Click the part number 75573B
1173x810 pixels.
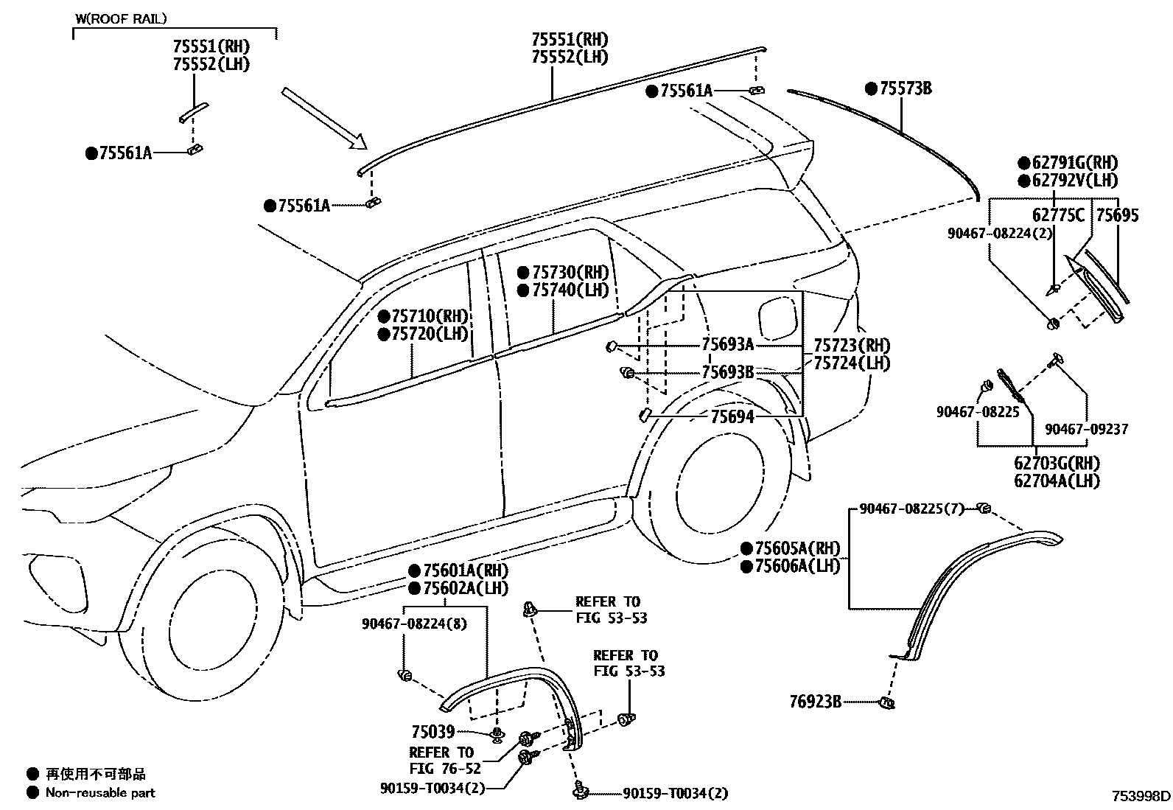906,89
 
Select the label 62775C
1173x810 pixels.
1058,215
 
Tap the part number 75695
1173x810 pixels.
1117,215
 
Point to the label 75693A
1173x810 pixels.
727,345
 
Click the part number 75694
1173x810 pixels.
732,417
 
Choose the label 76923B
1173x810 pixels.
815,702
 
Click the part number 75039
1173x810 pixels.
433,732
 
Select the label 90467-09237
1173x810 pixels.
1086,429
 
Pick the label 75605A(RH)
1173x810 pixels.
797,548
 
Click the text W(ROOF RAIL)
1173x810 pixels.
121,18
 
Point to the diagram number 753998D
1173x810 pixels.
1141,796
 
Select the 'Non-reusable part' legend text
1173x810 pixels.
100,793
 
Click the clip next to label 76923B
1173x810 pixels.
887,703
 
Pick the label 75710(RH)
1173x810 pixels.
430,316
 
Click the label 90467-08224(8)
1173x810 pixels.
414,624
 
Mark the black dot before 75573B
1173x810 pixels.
872,89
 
